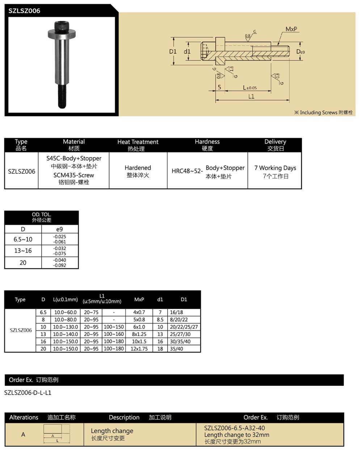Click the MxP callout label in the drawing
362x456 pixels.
(292, 29)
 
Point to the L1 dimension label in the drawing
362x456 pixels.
(251, 96)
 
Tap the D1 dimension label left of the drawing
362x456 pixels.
(173, 51)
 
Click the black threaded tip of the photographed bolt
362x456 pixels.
(62, 97)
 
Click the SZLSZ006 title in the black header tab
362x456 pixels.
(24, 11)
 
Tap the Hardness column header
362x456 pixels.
(207, 142)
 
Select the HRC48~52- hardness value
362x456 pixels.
(187, 171)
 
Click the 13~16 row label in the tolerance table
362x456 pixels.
(23, 250)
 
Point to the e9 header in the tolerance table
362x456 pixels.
(60, 229)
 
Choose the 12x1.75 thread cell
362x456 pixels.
(139, 349)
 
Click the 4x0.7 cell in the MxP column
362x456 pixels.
(139, 312)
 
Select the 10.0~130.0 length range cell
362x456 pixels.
(66, 327)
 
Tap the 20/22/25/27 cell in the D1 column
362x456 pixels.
(184, 327)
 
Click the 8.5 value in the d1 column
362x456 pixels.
(160, 320)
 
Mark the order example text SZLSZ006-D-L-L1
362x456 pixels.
(28, 393)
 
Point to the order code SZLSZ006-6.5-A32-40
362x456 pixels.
(235, 428)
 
